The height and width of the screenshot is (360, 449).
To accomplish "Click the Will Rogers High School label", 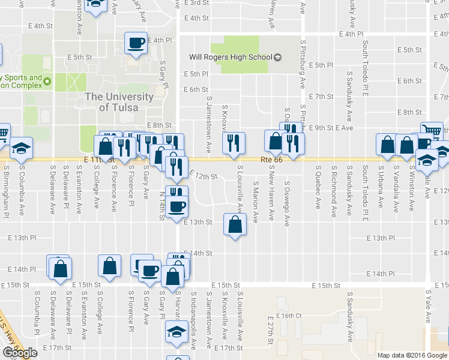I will (231, 58).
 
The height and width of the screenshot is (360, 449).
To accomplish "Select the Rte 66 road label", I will (271, 160).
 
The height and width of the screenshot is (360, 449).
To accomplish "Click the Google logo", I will (20, 353).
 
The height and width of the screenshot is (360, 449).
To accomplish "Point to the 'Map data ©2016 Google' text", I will (412, 355).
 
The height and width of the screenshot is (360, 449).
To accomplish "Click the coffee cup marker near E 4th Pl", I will (136, 43).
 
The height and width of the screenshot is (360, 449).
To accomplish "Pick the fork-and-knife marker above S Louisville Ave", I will (234, 143).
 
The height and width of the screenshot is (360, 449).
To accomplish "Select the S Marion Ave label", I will (256, 201).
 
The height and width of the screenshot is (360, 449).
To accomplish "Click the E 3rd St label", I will (198, 3).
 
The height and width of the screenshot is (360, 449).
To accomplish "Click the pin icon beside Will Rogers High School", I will (277, 58).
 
